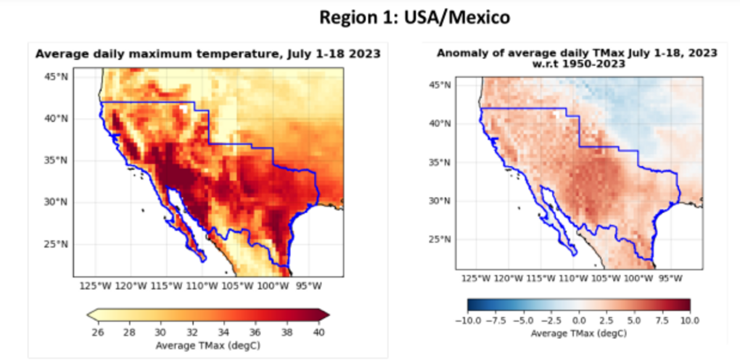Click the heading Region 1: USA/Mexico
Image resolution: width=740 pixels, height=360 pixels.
[x=414, y=18]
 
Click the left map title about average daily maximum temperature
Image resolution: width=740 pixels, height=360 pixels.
[x=208, y=54]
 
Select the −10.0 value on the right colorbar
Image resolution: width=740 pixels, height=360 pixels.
[x=467, y=321]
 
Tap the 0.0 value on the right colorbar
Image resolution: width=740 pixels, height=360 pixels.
[x=578, y=321]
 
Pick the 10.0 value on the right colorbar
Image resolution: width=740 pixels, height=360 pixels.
[x=689, y=321]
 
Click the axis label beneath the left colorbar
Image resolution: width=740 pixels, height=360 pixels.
[x=208, y=345]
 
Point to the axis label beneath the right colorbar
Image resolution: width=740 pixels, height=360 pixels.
[x=578, y=333]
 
